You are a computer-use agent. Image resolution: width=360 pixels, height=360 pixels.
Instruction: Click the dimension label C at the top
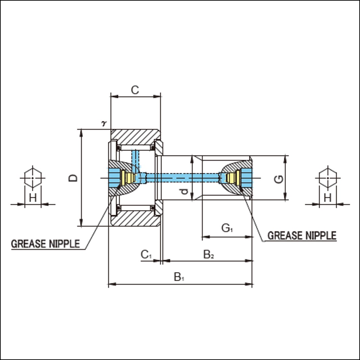135,90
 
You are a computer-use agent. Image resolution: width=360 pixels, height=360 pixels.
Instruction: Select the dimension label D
73,178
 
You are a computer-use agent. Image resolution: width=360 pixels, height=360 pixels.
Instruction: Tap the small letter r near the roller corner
104,123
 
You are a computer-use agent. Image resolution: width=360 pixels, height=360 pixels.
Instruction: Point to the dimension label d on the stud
184,191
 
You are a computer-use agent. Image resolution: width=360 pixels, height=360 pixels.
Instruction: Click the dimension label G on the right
279,179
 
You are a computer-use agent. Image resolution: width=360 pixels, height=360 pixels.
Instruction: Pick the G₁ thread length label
227,228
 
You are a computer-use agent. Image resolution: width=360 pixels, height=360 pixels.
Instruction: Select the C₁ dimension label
146,255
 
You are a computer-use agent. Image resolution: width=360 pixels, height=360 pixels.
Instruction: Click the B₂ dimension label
209,255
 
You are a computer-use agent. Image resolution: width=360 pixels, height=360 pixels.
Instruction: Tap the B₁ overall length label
179,277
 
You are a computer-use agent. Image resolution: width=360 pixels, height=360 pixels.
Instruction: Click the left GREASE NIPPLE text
45,244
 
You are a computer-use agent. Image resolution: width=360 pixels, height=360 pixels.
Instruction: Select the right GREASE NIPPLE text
302,236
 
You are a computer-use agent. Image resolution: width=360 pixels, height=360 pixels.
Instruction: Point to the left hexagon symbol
32,178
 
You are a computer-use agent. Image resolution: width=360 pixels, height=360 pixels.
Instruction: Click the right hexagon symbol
328,178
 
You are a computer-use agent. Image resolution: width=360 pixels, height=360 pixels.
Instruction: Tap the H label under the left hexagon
33,197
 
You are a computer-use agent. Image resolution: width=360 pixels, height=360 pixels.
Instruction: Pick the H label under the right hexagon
328,197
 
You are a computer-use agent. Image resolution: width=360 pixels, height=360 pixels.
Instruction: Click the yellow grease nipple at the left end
128,178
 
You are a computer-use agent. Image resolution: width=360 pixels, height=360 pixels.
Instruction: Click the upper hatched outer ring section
136,137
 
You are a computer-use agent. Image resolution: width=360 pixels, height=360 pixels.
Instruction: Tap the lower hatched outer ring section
136,218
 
